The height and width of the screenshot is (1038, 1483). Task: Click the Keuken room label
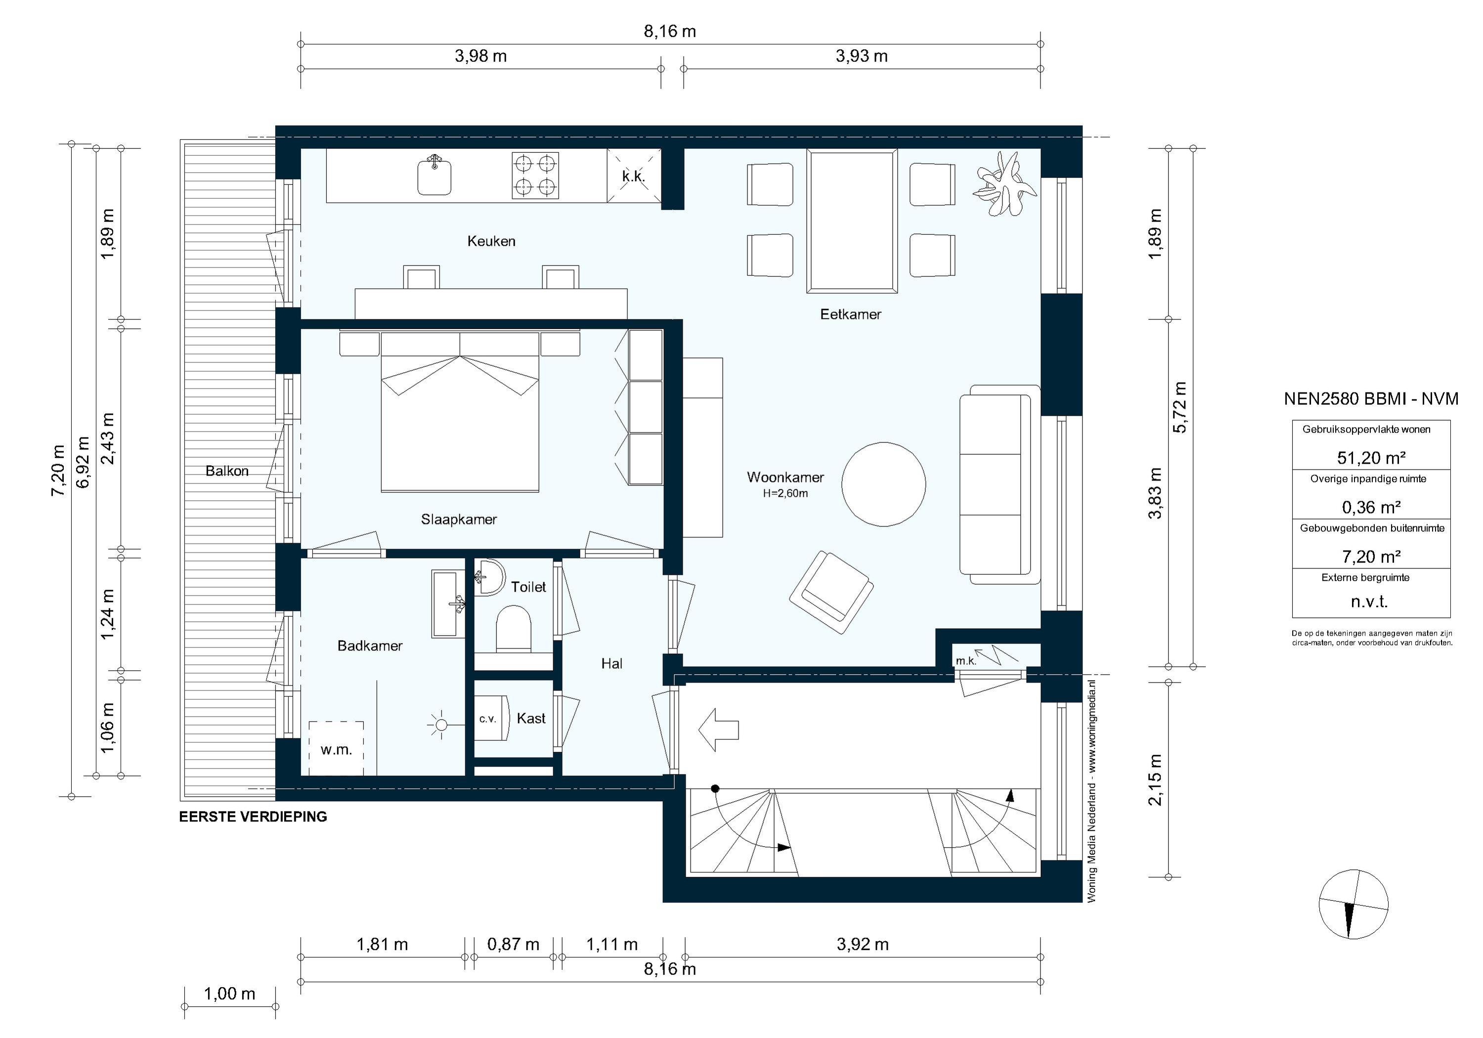click(491, 241)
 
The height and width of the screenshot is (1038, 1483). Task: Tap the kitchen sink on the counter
click(434, 175)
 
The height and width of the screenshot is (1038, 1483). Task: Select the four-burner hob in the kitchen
click(535, 175)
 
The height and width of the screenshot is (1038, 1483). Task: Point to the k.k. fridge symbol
click(634, 175)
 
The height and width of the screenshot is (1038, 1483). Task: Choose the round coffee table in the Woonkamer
click(883, 484)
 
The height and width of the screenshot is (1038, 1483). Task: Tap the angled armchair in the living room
click(831, 592)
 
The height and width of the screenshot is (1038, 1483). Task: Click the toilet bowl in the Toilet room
click(514, 628)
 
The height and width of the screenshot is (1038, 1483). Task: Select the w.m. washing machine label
click(336, 749)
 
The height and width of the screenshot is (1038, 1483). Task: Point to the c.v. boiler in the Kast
click(487, 718)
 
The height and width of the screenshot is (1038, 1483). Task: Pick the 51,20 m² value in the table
click(1371, 457)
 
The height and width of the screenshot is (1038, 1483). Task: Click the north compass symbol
click(1352, 903)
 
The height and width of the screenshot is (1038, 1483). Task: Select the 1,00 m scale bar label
click(229, 994)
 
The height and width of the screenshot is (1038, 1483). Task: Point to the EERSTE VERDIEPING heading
click(253, 817)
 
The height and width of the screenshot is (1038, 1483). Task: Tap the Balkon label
click(227, 471)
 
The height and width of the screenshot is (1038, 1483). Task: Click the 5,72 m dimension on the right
click(1179, 407)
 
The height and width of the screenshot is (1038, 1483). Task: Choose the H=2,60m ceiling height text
click(785, 493)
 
